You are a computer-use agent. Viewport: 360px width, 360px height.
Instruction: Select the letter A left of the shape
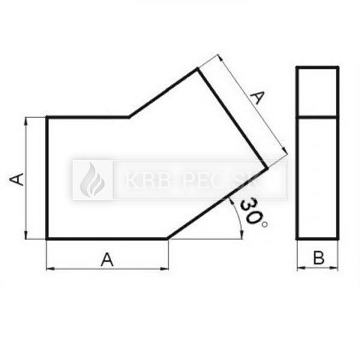pyautogui.click(x=18, y=178)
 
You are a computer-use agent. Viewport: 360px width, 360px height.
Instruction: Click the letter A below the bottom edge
pyautogui.click(x=107, y=259)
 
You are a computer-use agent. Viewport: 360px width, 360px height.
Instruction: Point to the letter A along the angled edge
pyautogui.click(x=257, y=97)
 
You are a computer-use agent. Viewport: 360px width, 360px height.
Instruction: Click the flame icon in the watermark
pyautogui.click(x=92, y=179)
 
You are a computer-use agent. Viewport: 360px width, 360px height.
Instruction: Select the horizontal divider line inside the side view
pyautogui.click(x=317, y=117)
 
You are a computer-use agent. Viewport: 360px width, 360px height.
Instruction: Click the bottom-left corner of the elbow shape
pyautogui.click(x=47, y=239)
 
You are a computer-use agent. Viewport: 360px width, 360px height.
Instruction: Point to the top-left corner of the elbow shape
pyautogui.click(x=47, y=117)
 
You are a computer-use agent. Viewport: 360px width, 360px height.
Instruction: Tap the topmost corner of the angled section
pyautogui.click(x=197, y=70)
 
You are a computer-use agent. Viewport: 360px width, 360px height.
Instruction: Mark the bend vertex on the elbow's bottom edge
pyautogui.click(x=169, y=239)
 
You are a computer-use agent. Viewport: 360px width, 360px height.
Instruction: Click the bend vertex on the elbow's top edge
pyautogui.click(x=129, y=117)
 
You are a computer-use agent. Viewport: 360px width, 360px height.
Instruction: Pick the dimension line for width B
pyautogui.click(x=318, y=268)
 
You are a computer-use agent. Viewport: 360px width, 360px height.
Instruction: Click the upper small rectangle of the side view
pyautogui.click(x=317, y=92)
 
